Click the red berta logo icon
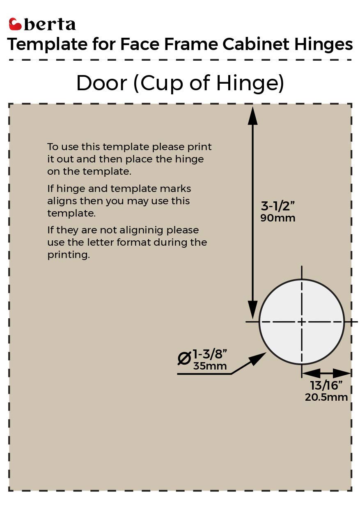click(15, 24)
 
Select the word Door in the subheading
click(101, 83)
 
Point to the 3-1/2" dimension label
click(278, 205)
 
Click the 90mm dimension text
click(278, 218)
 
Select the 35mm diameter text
click(210, 366)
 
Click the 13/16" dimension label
click(326, 386)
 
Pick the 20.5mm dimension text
click(326, 397)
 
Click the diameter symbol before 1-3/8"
click(184, 358)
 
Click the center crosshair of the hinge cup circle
click(302, 322)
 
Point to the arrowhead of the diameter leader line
click(258, 358)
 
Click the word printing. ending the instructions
click(68, 255)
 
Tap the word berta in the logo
click(50, 25)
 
